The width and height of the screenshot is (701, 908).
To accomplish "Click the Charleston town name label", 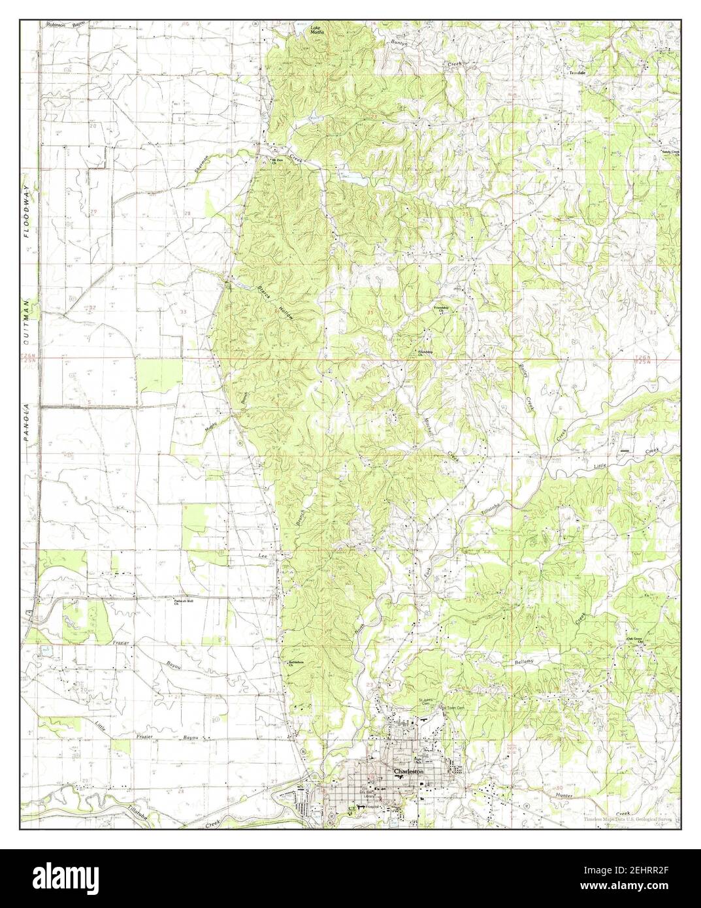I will click(x=409, y=771).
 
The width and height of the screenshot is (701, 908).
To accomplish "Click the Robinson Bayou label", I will click(x=63, y=24).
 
